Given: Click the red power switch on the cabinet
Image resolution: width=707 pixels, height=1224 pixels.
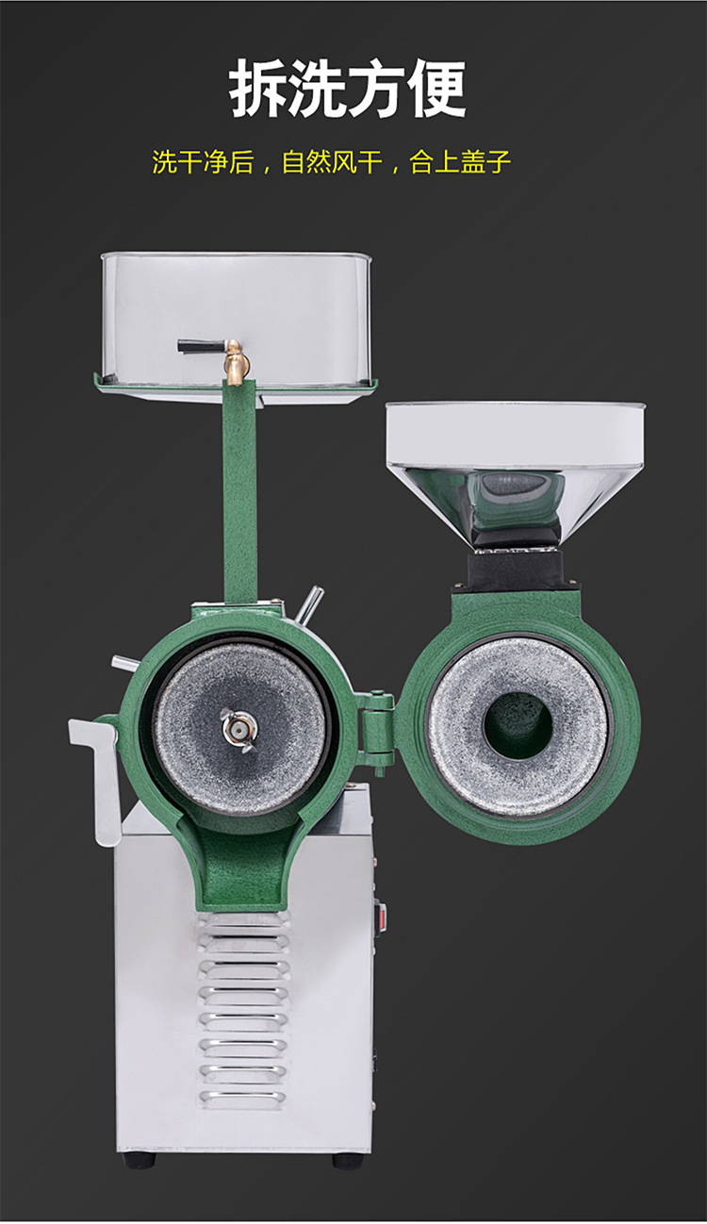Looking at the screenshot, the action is pos(384,917).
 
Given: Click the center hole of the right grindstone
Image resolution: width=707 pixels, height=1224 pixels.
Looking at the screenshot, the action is pos(518,726).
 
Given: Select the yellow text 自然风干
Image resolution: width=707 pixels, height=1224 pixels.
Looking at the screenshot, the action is pos(332,162).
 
